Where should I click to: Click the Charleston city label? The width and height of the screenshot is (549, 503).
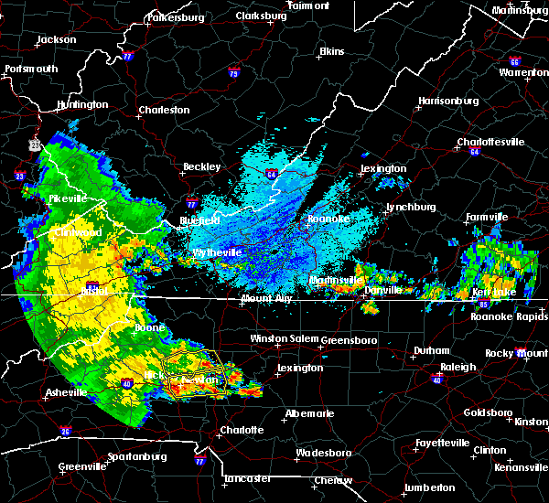(x=164, y=111)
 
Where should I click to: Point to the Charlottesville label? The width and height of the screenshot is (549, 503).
(x=490, y=142)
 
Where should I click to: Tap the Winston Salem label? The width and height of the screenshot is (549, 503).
(x=282, y=338)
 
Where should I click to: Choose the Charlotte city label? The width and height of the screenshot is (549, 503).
(x=242, y=430)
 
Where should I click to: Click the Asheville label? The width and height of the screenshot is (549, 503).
(x=69, y=393)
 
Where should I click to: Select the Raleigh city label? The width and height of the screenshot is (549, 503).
(x=457, y=367)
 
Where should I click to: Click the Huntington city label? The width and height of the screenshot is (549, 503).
(x=81, y=105)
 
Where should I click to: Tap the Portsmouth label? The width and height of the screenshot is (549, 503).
(x=31, y=69)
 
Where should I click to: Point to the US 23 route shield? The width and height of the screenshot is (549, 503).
(x=33, y=144)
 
